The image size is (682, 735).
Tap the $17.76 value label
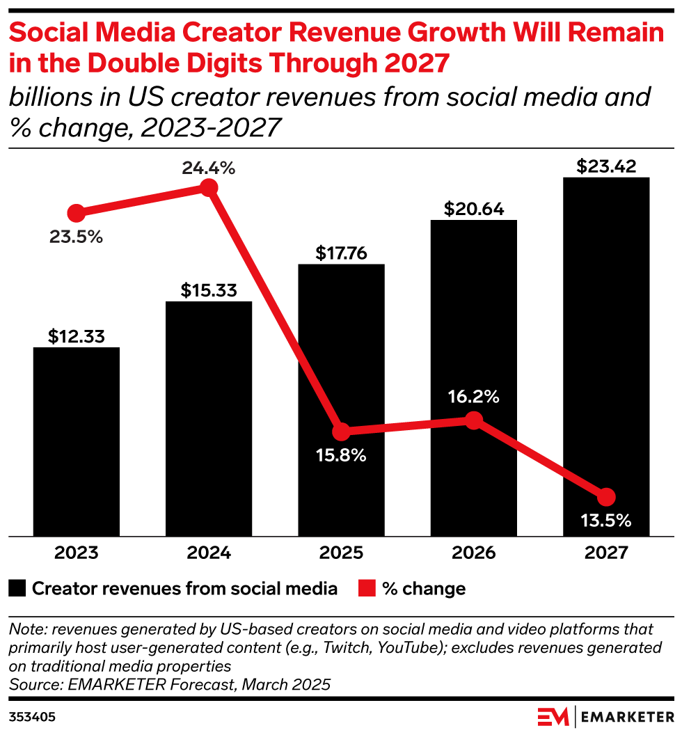[341, 252]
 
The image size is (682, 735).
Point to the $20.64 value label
[473, 208]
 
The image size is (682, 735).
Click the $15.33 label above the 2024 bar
[209, 290]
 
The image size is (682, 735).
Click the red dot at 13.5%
[606, 497]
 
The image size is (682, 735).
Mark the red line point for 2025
[341, 432]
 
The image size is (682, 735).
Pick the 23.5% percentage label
[76, 237]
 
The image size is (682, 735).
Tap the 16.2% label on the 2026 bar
[473, 397]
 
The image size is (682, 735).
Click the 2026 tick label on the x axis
[473, 553]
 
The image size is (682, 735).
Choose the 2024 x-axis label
[209, 553]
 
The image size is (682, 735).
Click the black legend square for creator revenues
[17, 589]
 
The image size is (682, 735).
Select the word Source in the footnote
[31, 684]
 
